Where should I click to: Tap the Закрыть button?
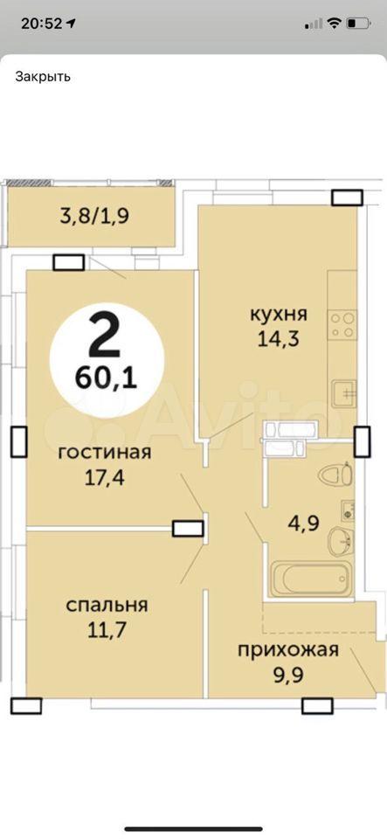(x=43, y=76)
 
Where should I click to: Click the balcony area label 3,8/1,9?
(x=95, y=217)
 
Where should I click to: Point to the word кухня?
(x=279, y=315)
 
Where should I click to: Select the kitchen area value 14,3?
(x=279, y=340)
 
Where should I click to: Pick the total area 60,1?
(x=107, y=378)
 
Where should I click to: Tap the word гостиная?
(x=105, y=453)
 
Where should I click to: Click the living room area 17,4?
(x=105, y=477)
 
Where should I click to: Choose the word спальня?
(x=107, y=606)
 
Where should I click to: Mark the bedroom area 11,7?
(x=107, y=630)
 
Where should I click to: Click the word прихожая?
(x=288, y=650)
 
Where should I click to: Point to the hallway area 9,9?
(x=288, y=676)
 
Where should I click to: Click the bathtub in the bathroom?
(x=311, y=579)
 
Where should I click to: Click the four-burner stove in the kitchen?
(x=342, y=325)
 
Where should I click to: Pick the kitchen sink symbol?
(x=343, y=393)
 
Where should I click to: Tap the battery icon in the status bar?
(x=358, y=24)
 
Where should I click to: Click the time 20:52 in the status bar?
(x=42, y=24)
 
